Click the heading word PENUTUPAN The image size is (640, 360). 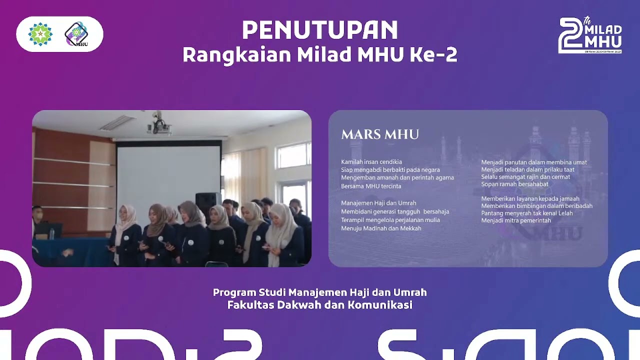pos(320,31)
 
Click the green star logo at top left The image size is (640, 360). pos(40,34)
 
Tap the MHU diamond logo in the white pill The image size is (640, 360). pos(76,34)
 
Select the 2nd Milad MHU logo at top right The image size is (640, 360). pos(590,35)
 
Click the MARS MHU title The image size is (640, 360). pos(380,134)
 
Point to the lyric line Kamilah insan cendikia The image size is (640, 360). pos(371,162)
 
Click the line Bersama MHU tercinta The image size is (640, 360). pos(371,186)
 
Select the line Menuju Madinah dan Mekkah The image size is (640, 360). pos(381,228)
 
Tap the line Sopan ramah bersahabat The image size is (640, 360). pos(514,184)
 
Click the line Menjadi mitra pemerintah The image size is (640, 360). pos(516,220)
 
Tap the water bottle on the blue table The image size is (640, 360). pos(52,233)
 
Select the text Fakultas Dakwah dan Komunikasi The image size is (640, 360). pos(320,305)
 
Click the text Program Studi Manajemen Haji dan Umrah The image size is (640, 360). pos(320,292)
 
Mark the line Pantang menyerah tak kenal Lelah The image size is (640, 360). pos(527,213)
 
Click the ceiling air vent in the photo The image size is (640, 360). pos(117,122)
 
